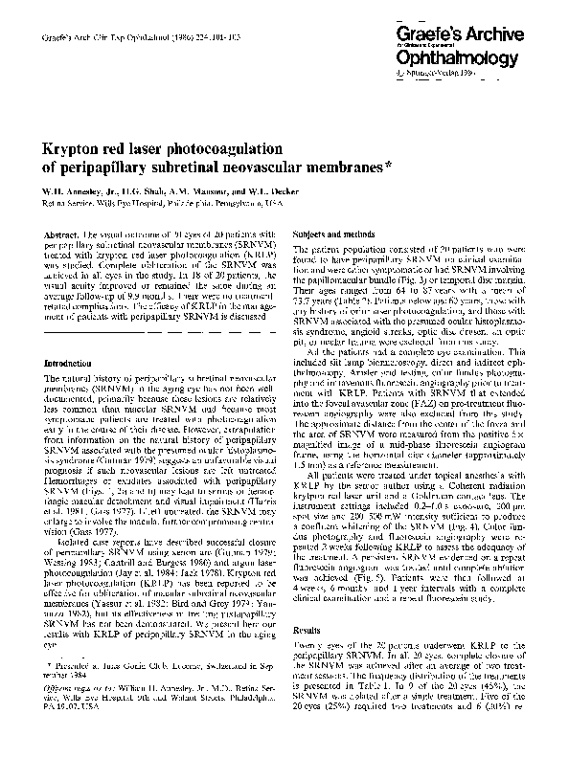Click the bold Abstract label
pos(59,234)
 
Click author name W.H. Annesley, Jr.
pos(81,191)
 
